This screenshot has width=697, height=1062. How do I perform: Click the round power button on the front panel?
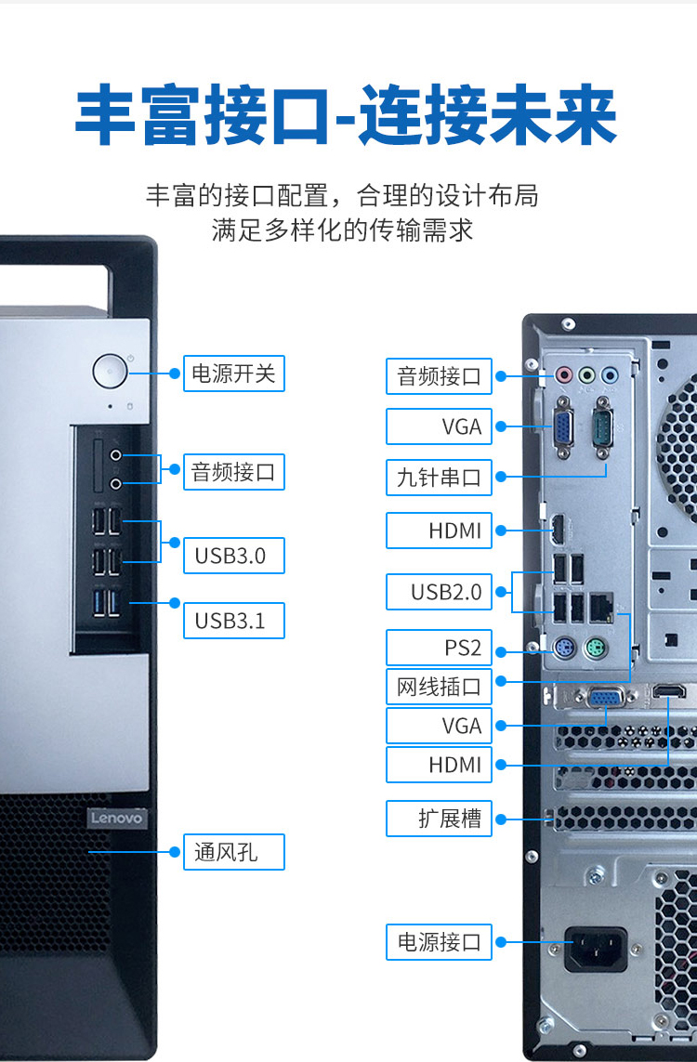click(110, 372)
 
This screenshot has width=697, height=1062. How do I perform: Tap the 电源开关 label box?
click(233, 374)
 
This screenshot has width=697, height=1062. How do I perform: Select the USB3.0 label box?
click(233, 556)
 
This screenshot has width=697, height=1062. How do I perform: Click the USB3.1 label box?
click(233, 621)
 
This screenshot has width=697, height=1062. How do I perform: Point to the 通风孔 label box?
click(233, 852)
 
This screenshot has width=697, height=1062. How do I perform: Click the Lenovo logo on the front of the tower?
click(117, 818)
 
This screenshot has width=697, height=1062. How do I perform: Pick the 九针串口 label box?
click(439, 478)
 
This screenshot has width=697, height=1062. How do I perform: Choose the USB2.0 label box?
click(439, 592)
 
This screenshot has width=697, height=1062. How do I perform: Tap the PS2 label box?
click(439, 648)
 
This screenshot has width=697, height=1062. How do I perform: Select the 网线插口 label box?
click(439, 687)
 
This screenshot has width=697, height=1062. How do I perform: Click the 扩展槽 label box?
click(439, 819)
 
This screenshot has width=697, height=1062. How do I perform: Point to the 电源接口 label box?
click(439, 941)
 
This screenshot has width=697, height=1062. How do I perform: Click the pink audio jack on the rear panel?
click(563, 374)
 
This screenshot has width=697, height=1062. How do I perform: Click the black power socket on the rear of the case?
click(596, 948)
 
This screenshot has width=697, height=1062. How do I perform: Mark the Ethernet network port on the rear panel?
click(601, 609)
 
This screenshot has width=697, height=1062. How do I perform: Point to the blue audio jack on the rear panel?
click(610, 374)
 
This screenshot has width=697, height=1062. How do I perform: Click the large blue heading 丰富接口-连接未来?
click(346, 115)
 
